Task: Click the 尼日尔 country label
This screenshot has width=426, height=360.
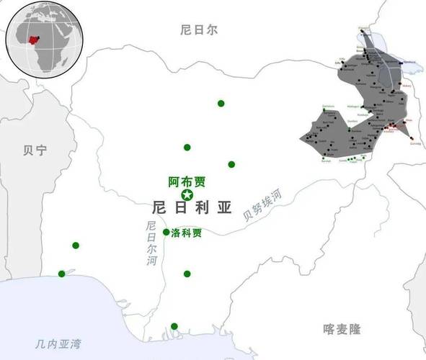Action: pyautogui.click(x=199, y=30)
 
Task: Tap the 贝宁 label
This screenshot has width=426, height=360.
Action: pyautogui.click(x=35, y=150)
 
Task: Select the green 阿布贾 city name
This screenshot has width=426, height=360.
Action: pyautogui.click(x=187, y=182)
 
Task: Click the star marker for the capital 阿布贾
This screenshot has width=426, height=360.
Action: pyautogui.click(x=187, y=195)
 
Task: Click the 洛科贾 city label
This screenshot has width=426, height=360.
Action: pyautogui.click(x=186, y=233)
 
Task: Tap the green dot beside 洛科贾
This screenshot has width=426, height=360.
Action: pyautogui.click(x=167, y=232)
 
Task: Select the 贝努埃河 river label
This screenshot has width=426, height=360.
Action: pyautogui.click(x=262, y=204)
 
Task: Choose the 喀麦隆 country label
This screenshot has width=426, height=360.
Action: pyautogui.click(x=341, y=329)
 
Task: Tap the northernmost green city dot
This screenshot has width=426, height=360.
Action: pyautogui.click(x=221, y=103)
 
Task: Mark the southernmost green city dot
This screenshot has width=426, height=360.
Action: pyautogui.click(x=174, y=326)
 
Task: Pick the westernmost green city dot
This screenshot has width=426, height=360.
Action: pyautogui.click(x=61, y=274)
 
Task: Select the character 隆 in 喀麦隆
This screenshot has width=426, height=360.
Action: pyautogui.click(x=354, y=329)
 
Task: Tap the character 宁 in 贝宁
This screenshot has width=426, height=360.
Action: pyautogui.click(x=40, y=150)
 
